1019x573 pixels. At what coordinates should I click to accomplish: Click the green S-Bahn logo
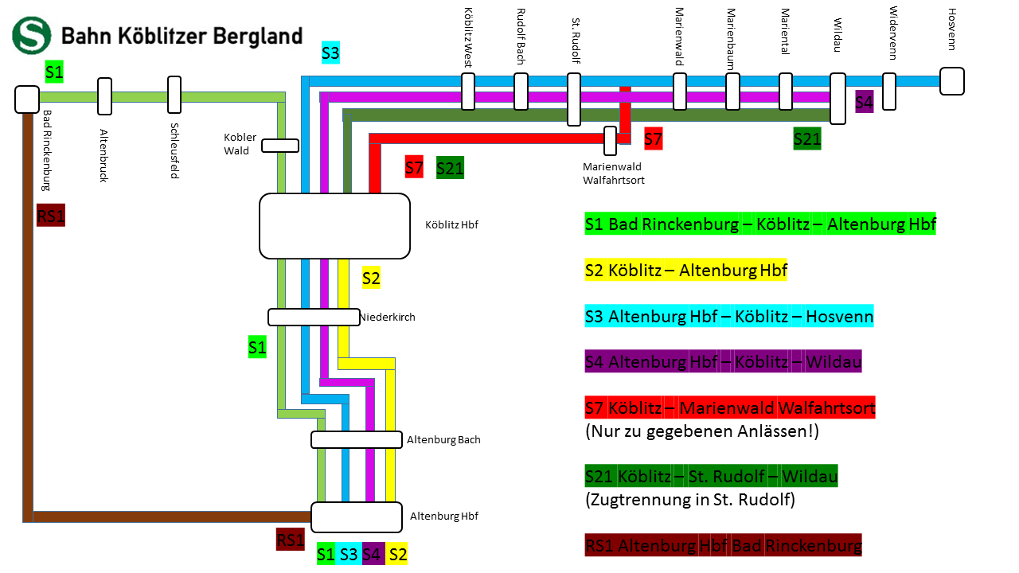tap(31, 36)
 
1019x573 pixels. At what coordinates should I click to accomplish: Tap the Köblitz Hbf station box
tap(334, 226)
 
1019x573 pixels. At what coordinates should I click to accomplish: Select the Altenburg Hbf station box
tap(357, 517)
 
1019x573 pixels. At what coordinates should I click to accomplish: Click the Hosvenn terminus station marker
tap(951, 81)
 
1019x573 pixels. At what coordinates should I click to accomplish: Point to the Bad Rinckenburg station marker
tap(27, 99)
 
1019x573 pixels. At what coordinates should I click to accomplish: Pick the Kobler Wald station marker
tap(280, 146)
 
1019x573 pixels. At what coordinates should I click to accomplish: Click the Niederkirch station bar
tap(314, 317)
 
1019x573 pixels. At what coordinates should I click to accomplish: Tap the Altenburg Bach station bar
tap(357, 440)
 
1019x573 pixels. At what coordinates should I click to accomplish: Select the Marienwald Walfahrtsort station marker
tap(610, 141)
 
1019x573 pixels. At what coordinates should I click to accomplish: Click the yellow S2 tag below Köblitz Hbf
tap(371, 278)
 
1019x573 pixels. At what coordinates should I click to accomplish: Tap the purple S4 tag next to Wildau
tap(864, 101)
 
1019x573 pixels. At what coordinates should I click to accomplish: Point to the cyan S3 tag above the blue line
tap(330, 53)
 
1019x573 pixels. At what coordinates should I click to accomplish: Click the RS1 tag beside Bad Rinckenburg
tap(50, 215)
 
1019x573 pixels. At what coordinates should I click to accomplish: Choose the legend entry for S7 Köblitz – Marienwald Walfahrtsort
tap(730, 407)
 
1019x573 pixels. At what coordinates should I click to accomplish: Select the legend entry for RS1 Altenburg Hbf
tap(724, 545)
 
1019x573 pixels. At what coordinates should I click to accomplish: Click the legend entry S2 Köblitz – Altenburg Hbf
tap(685, 270)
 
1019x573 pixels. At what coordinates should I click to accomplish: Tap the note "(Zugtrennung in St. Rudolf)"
tap(690, 499)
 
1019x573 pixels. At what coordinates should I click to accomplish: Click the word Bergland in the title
tap(257, 37)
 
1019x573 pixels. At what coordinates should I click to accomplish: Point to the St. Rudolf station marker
tap(574, 99)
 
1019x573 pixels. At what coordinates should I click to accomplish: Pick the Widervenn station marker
tap(889, 92)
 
